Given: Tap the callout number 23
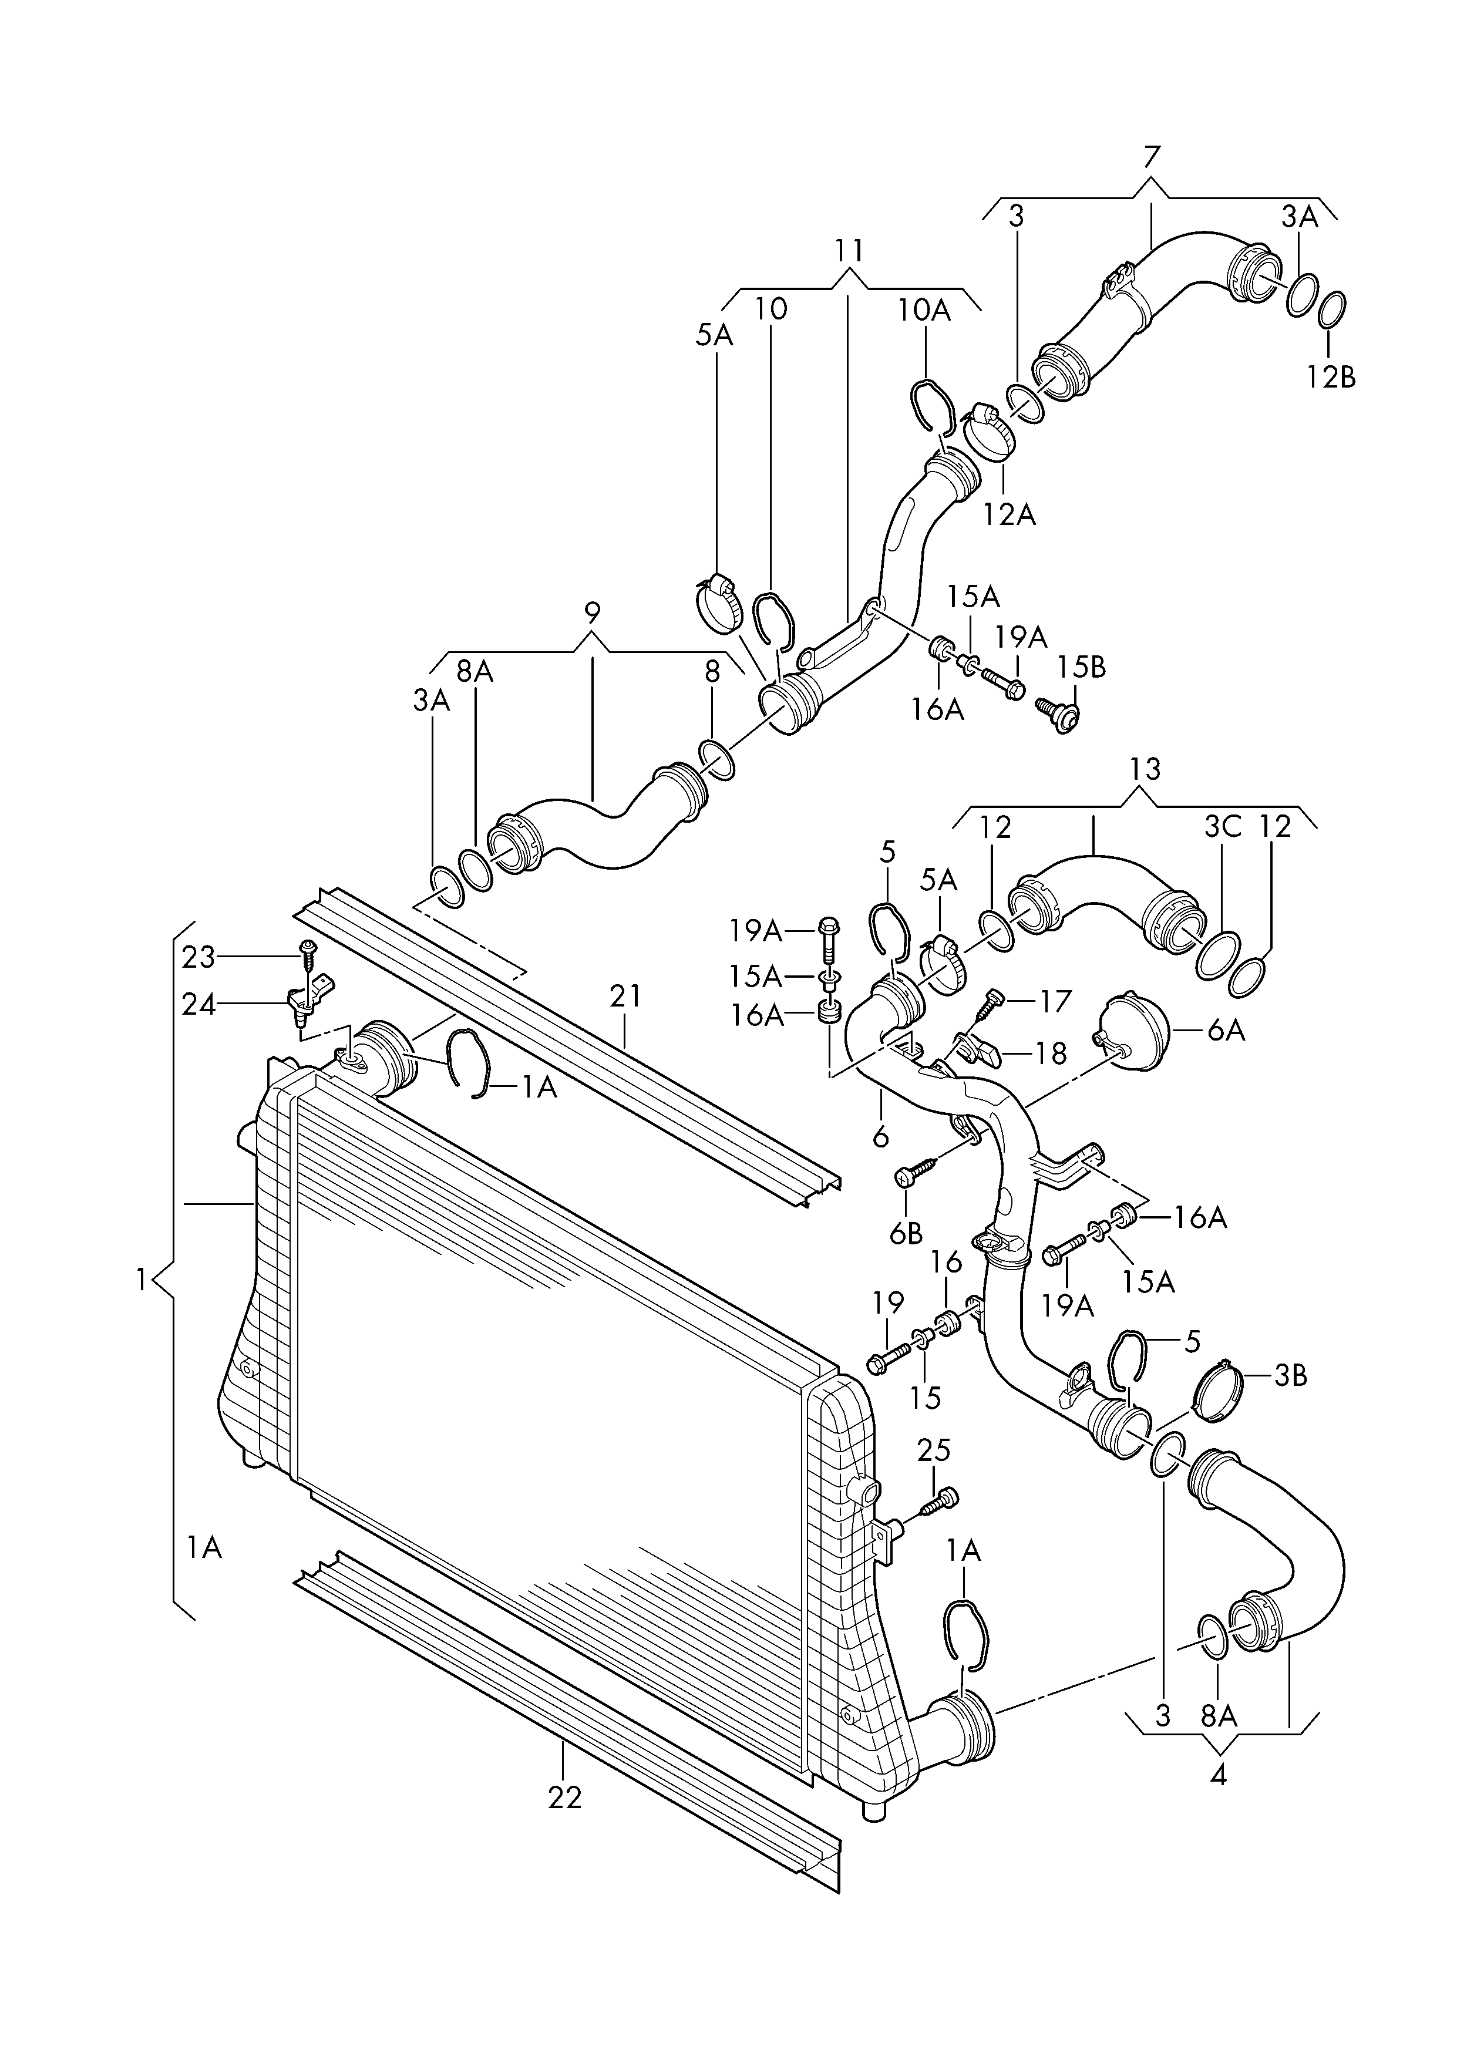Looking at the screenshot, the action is point(198,958).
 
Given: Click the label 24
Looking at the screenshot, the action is point(198,1005).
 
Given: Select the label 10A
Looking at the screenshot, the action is point(924,309).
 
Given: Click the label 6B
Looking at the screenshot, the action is point(906,1234).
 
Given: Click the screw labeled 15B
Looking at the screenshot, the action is point(1059,713).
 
